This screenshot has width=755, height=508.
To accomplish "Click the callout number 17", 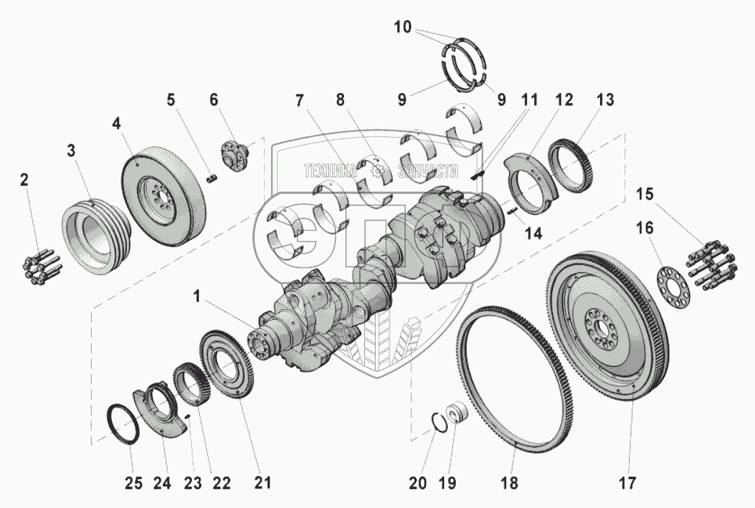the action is [x=627, y=482].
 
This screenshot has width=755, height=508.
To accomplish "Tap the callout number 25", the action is [x=134, y=482].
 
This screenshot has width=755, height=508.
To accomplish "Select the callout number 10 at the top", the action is [x=403, y=27].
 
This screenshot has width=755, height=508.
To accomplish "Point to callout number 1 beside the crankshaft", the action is [x=196, y=297].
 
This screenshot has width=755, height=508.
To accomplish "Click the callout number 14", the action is [x=533, y=233].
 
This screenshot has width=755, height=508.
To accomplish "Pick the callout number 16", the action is [x=645, y=228].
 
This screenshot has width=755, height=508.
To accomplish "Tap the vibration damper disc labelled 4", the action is [x=164, y=193].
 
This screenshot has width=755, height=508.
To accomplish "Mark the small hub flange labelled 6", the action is [x=237, y=154].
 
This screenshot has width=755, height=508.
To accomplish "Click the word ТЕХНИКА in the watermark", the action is [x=330, y=170].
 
